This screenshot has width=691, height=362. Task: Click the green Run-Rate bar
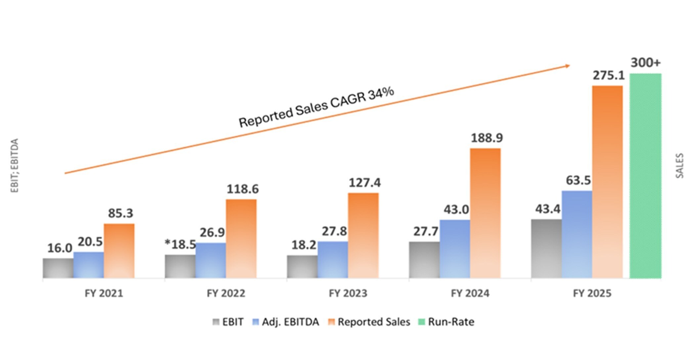click(645, 175)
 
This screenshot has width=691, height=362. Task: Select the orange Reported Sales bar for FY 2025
click(607, 182)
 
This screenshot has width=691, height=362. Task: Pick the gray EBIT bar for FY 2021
click(58, 268)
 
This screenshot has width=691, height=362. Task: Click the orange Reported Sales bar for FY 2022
click(241, 238)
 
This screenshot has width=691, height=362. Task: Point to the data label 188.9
click(487, 138)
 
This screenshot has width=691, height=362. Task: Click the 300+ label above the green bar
click(645, 63)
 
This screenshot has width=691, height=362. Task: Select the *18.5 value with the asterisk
click(181, 245)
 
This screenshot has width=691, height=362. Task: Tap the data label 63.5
click(578, 180)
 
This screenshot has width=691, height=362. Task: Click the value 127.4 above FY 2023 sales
click(365, 183)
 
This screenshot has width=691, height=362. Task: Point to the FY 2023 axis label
click(348, 294)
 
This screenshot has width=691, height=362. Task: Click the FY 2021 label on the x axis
click(104, 294)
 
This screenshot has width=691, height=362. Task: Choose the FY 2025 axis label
click(592, 294)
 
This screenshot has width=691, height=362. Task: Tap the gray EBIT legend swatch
click(216, 322)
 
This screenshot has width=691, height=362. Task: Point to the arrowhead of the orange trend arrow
click(567, 66)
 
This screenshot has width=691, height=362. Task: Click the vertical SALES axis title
click(679, 166)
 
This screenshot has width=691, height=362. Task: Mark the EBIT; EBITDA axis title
click(15, 165)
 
